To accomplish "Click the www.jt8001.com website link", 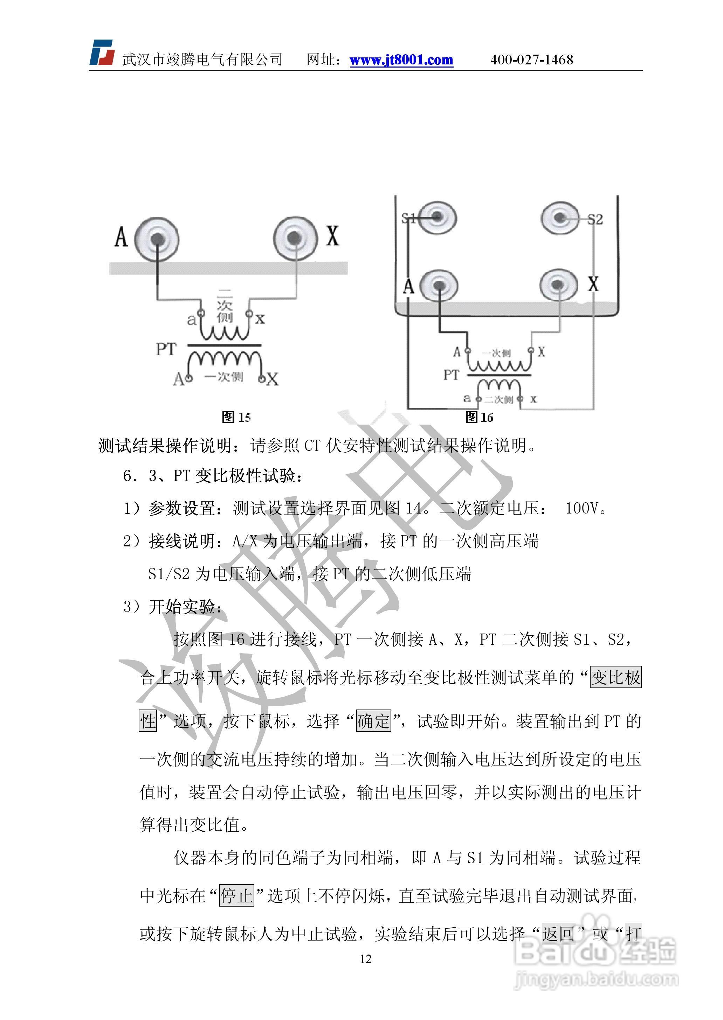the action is [401, 60].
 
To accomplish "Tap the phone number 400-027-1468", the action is [531, 60].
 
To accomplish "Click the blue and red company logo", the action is [102, 53].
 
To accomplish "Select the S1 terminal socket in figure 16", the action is [437, 217].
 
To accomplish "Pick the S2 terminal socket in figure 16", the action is [560, 217].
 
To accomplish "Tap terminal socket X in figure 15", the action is [294, 238].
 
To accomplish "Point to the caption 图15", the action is [236, 417].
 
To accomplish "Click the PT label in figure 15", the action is [166, 349].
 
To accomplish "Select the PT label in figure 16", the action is [450, 375].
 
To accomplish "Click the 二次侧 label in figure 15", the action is [225, 306].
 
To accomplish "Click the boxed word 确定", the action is [373, 721].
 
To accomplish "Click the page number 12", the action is [365, 959].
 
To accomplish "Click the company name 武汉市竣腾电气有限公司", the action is [202, 60].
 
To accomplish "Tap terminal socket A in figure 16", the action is [439, 286].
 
